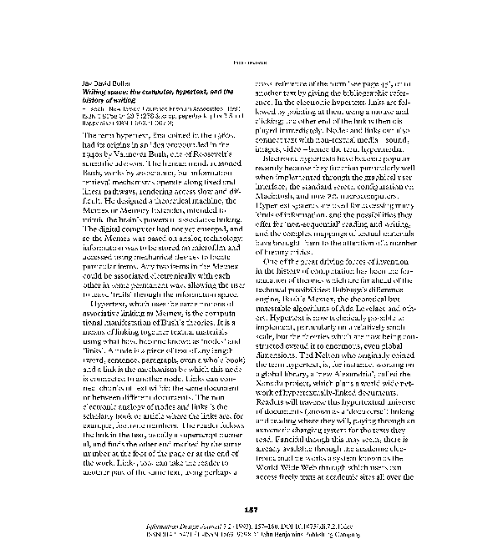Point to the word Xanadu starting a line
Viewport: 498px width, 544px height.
[x=270, y=389]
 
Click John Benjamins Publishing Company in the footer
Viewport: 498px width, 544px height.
[x=394, y=536]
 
